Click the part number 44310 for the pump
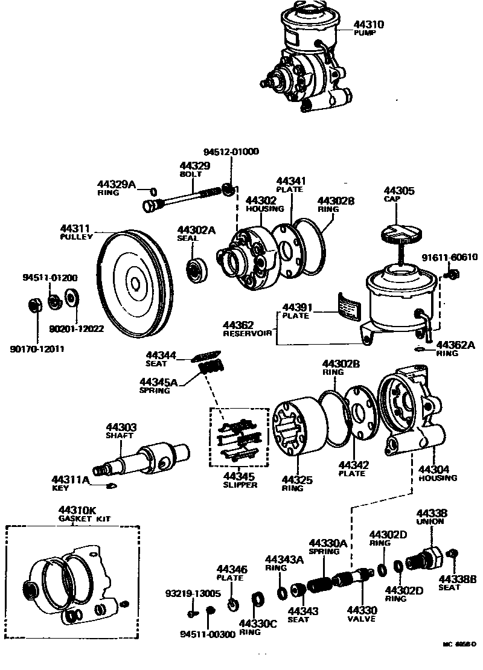pyautogui.click(x=368, y=25)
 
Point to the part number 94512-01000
pyautogui.click(x=231, y=152)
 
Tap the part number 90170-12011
pyautogui.click(x=37, y=349)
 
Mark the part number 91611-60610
pyautogui.click(x=449, y=257)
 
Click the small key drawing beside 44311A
pyautogui.click(x=111, y=485)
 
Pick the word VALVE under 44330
pyautogui.click(x=361, y=618)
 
